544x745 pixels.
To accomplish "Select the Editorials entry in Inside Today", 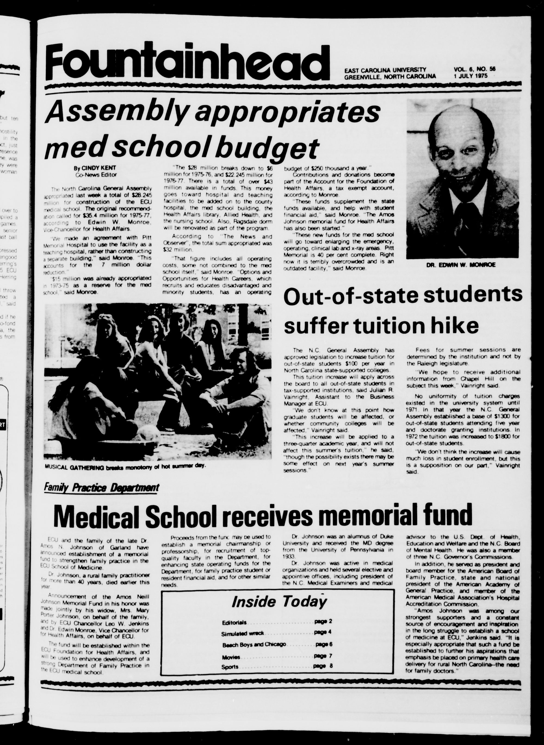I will [234, 623].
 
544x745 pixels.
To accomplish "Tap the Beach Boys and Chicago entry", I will [254, 645].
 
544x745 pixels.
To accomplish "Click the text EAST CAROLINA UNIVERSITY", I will [385, 69].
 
